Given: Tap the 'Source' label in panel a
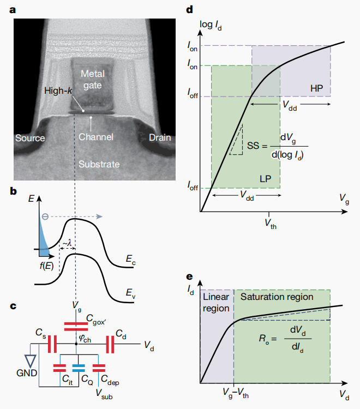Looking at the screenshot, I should [x=30, y=138].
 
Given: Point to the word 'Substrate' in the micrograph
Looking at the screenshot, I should [x=99, y=164].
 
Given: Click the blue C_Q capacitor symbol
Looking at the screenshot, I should [x=80, y=365].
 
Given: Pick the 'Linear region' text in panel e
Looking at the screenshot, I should [x=217, y=302].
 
